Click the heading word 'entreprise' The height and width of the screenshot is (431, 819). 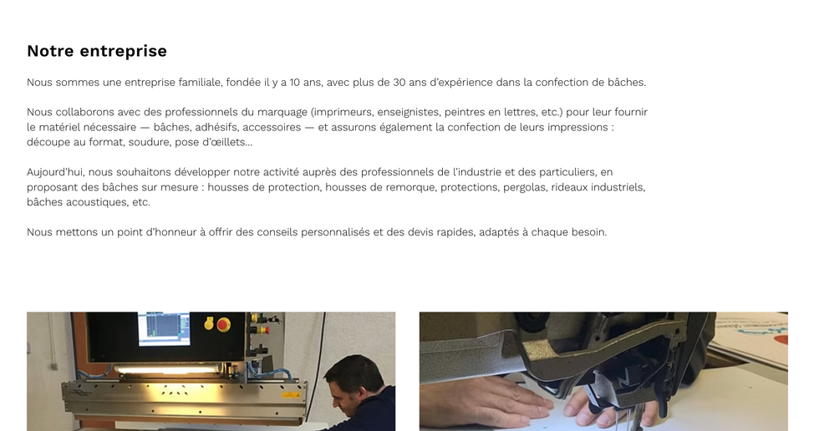pos(124,51)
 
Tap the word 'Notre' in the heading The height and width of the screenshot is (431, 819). pos(50,51)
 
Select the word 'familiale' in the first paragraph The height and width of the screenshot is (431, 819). pos(201,83)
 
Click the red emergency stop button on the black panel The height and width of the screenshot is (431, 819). pos(224,325)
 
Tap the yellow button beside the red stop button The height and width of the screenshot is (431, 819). pos(209,324)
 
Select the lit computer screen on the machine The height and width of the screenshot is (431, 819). pos(164,328)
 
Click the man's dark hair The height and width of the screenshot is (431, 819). pos(352,372)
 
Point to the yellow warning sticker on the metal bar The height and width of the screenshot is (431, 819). pos(291,395)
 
